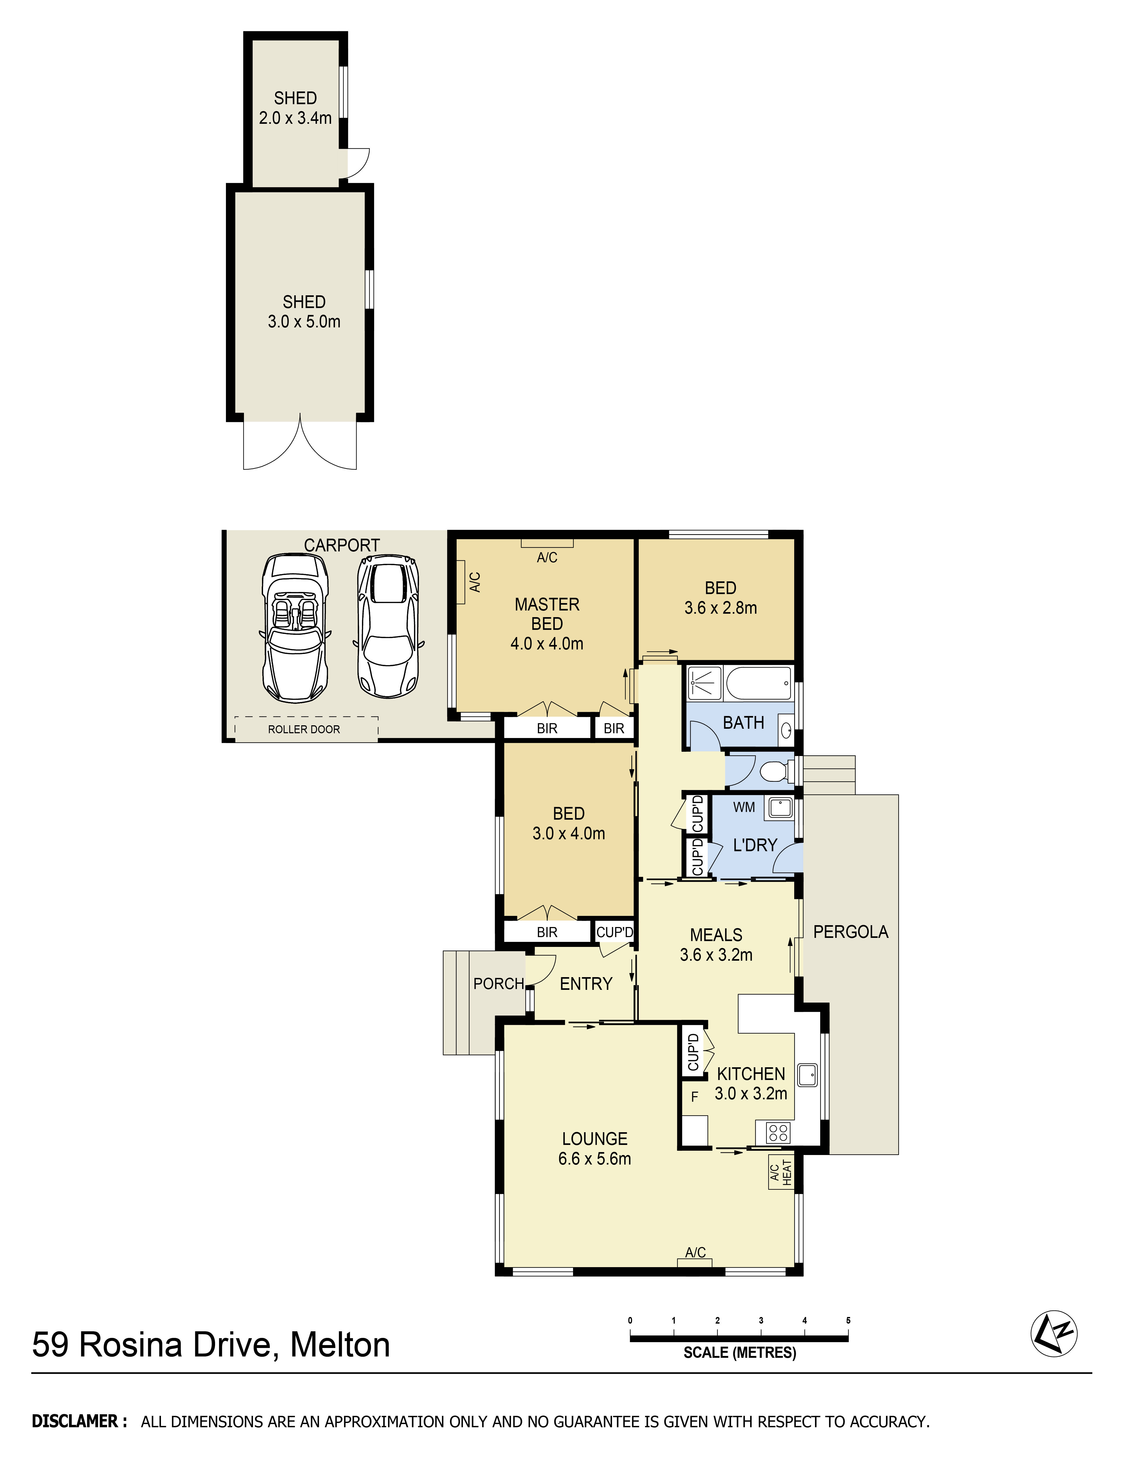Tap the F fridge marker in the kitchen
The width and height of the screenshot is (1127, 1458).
point(694,1097)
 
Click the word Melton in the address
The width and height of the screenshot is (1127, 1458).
point(340,1345)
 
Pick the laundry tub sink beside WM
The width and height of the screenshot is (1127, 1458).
point(779,808)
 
